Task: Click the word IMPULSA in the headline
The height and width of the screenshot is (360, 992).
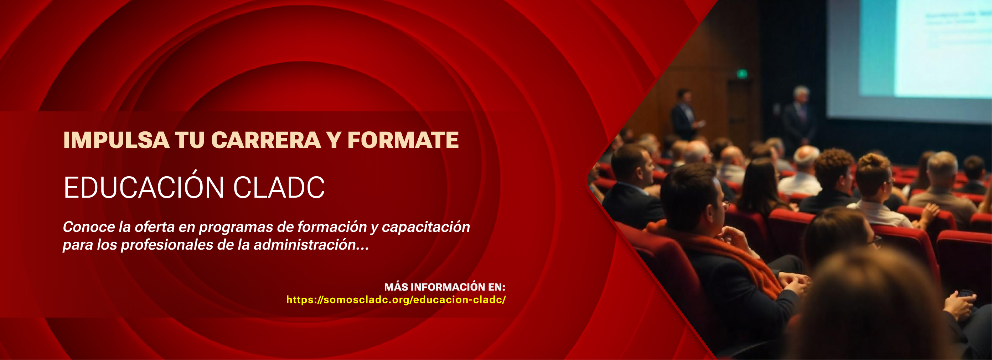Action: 116,140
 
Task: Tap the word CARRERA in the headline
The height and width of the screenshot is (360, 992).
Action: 266,140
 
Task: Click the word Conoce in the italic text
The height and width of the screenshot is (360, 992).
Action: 89,227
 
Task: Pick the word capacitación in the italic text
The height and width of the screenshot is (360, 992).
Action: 426,227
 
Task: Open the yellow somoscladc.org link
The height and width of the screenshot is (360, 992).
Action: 396,299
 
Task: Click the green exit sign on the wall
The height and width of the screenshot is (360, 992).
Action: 742,74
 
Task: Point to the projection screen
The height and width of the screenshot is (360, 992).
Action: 909,58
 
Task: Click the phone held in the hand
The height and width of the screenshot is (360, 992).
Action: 967,294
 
